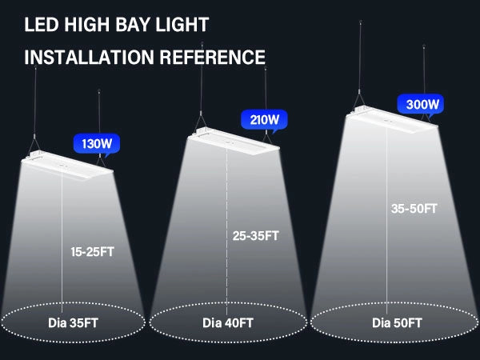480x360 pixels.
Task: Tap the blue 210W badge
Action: coord(264,121)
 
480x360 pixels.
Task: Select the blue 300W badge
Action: coord(420,104)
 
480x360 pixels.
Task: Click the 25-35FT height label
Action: coord(256,236)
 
